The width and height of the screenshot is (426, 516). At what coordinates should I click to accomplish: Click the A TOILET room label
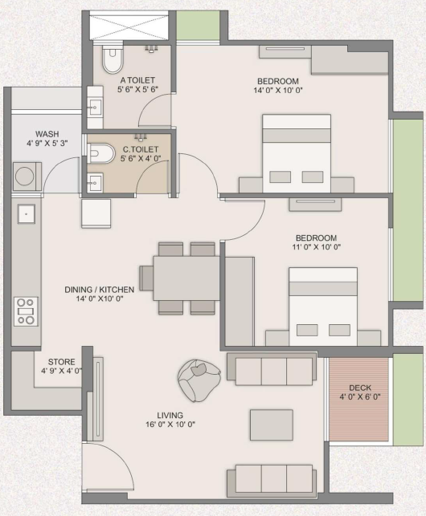(x=137, y=80)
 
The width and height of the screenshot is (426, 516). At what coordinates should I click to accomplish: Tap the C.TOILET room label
(x=141, y=149)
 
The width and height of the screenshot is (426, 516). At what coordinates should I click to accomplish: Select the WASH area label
(x=47, y=134)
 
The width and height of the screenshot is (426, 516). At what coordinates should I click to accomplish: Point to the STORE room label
(x=62, y=362)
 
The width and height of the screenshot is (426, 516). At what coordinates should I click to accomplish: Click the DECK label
(x=360, y=388)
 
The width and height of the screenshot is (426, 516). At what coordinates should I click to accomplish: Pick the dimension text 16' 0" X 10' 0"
(x=170, y=425)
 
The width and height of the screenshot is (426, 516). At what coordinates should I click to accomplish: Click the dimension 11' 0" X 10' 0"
(x=317, y=247)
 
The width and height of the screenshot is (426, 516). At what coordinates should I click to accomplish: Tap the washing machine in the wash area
(x=27, y=177)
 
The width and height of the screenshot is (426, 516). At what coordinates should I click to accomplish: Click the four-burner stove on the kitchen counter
(x=26, y=311)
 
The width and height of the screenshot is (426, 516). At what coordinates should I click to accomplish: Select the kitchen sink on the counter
(x=27, y=213)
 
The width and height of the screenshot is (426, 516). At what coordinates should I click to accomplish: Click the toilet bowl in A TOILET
(x=113, y=59)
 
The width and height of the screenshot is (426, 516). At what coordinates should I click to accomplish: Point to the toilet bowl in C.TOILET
(x=100, y=153)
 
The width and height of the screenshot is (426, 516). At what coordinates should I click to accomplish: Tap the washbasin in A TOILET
(x=95, y=108)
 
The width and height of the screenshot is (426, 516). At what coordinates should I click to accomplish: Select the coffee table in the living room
(x=272, y=425)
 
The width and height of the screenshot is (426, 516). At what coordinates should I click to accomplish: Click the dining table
(x=186, y=278)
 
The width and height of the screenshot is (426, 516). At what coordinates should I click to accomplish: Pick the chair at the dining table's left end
(x=146, y=278)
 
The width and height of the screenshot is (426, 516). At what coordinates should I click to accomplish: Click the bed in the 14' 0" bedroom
(x=297, y=153)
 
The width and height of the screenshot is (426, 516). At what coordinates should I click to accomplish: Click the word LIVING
(x=170, y=416)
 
